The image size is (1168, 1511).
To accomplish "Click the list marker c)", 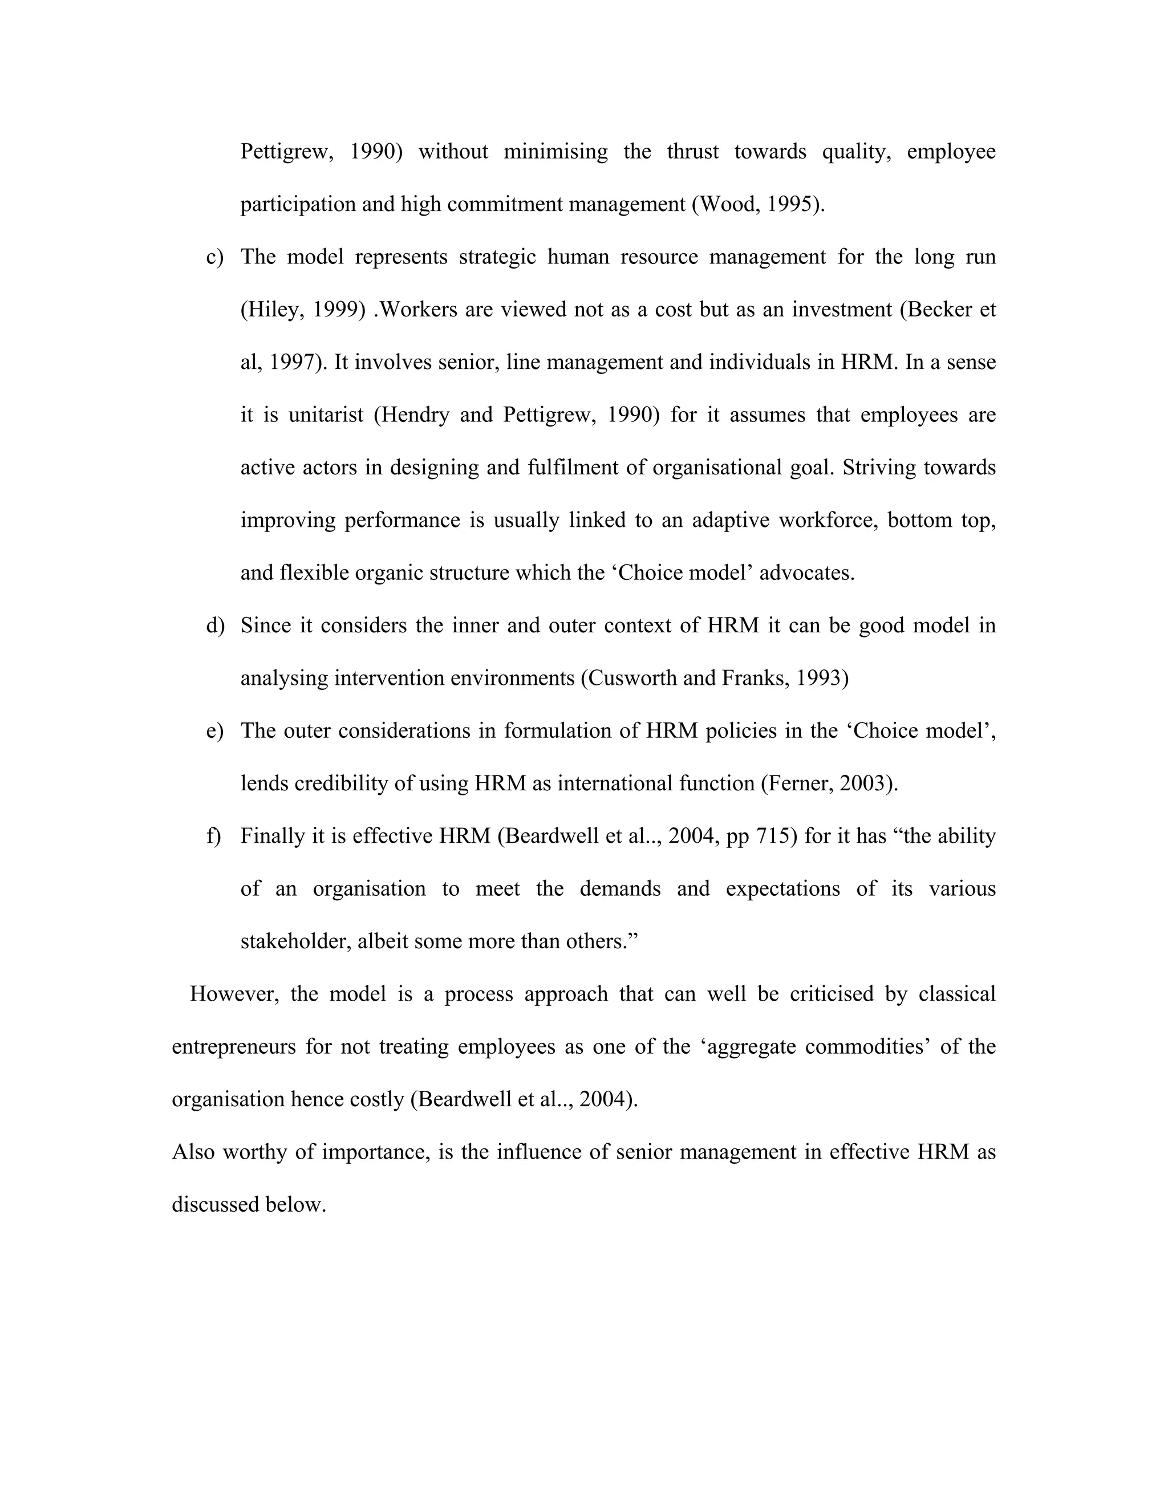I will (214, 257).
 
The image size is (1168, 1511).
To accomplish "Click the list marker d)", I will (215, 625).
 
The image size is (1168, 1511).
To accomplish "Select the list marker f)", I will (213, 836).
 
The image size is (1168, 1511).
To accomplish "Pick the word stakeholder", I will (295, 941).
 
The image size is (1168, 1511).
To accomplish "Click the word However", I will (234, 994).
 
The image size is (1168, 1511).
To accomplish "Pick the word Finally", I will (273, 836).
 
